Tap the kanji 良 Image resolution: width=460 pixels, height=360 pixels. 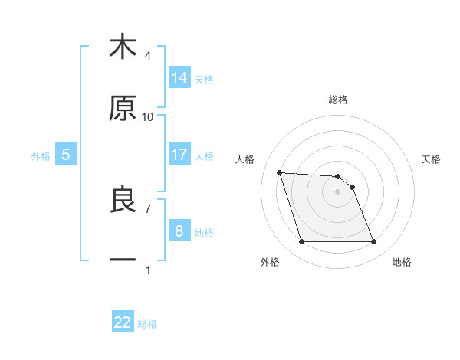[123, 200]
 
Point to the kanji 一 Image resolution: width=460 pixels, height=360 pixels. [123, 260]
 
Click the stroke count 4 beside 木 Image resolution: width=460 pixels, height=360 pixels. [148, 55]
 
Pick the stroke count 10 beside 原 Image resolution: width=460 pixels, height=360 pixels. [148, 116]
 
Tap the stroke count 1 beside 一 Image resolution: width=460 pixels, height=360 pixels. [148, 270]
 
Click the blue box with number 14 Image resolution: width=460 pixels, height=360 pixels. [179, 78]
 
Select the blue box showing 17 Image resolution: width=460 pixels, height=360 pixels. [179, 155]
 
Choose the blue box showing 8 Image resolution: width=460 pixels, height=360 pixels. [179, 231]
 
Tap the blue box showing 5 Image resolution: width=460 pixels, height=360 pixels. [66, 155]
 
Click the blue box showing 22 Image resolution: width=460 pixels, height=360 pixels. [123, 322]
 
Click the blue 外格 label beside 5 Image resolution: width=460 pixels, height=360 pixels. [41, 156]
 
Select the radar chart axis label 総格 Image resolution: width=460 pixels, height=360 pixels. [338, 100]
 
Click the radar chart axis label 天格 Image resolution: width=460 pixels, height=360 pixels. [431, 159]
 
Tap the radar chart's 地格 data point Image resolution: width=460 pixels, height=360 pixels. [373, 242]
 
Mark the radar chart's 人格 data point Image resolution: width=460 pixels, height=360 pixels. [280, 172]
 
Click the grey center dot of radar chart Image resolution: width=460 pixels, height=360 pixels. [338, 191]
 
